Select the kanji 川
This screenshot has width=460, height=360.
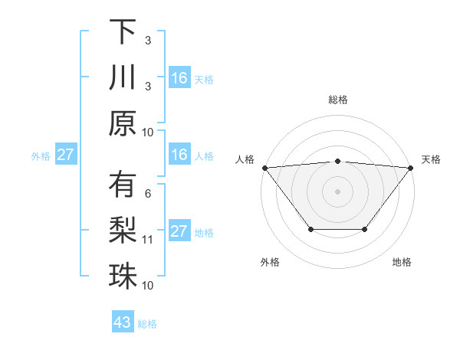click(123, 77)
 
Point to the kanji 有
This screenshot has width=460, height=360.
click(123, 185)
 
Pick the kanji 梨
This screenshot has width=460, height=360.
click(123, 231)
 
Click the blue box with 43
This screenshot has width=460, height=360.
click(123, 322)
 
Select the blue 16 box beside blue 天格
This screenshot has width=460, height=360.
click(179, 78)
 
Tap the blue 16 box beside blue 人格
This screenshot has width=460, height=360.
click(179, 155)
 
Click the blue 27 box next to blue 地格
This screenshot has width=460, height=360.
click(179, 231)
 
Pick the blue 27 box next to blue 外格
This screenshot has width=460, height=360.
click(65, 155)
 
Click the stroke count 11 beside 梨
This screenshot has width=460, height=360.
click(148, 240)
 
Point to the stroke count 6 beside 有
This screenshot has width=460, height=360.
click(148, 193)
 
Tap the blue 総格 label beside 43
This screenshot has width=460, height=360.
click(147, 324)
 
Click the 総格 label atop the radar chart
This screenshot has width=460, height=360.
click(338, 100)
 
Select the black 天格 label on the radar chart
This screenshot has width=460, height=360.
click(432, 159)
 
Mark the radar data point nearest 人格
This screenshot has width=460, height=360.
click(264, 167)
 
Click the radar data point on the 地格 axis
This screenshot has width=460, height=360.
click(365, 229)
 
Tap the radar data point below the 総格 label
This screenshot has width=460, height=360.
click(338, 161)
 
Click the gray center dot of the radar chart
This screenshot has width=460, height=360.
click(338, 191)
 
